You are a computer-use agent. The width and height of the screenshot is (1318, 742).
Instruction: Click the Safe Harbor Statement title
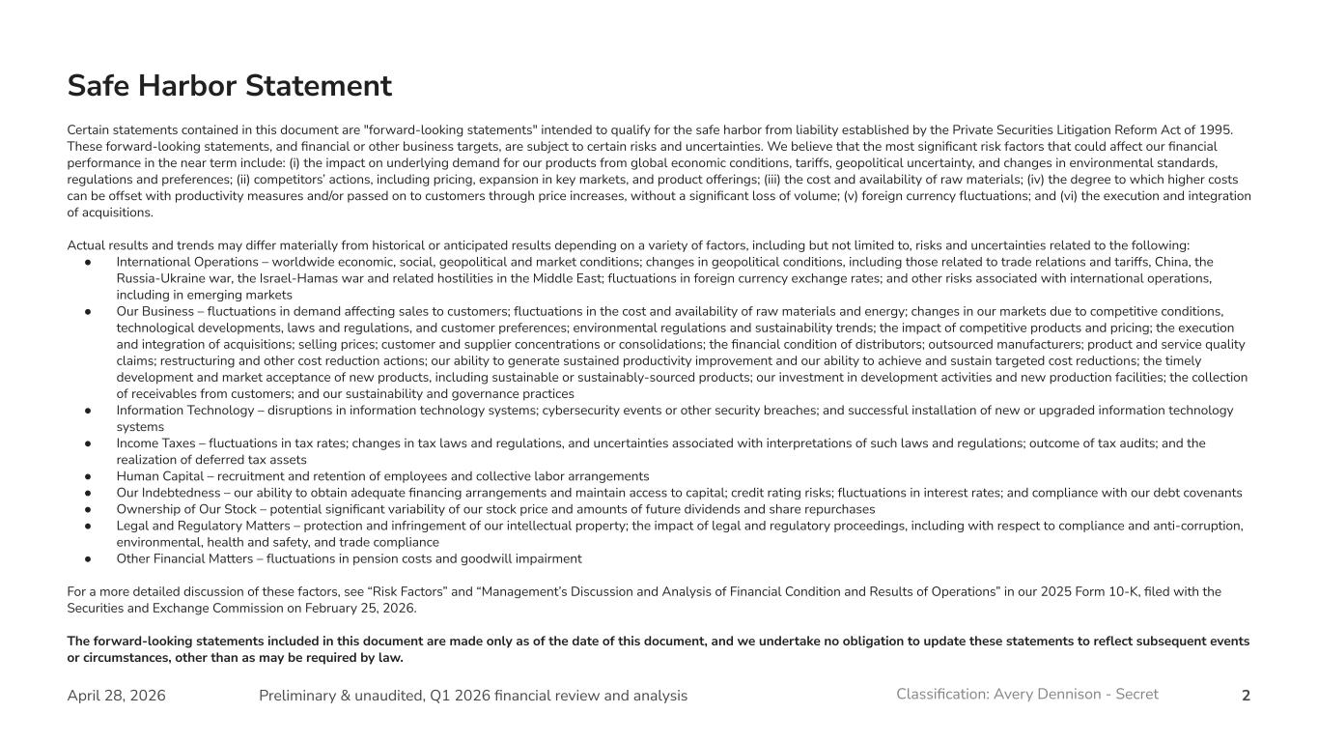coord(229,86)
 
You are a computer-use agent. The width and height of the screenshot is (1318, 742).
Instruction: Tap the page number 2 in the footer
coord(1246,696)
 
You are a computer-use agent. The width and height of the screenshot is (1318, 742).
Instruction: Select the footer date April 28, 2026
coord(116,696)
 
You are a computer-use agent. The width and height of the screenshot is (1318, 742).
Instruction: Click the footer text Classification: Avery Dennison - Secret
coord(1026,694)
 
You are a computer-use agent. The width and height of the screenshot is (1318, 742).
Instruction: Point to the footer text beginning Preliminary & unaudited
coord(473,696)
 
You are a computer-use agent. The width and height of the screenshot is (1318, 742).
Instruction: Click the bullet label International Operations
coord(189,262)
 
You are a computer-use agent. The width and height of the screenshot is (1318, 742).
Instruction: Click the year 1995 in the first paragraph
coord(1217,130)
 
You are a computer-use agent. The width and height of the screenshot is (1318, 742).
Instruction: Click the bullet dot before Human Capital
coord(88,476)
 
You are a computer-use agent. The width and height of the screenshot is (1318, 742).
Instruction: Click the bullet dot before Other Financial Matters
coord(88,558)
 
